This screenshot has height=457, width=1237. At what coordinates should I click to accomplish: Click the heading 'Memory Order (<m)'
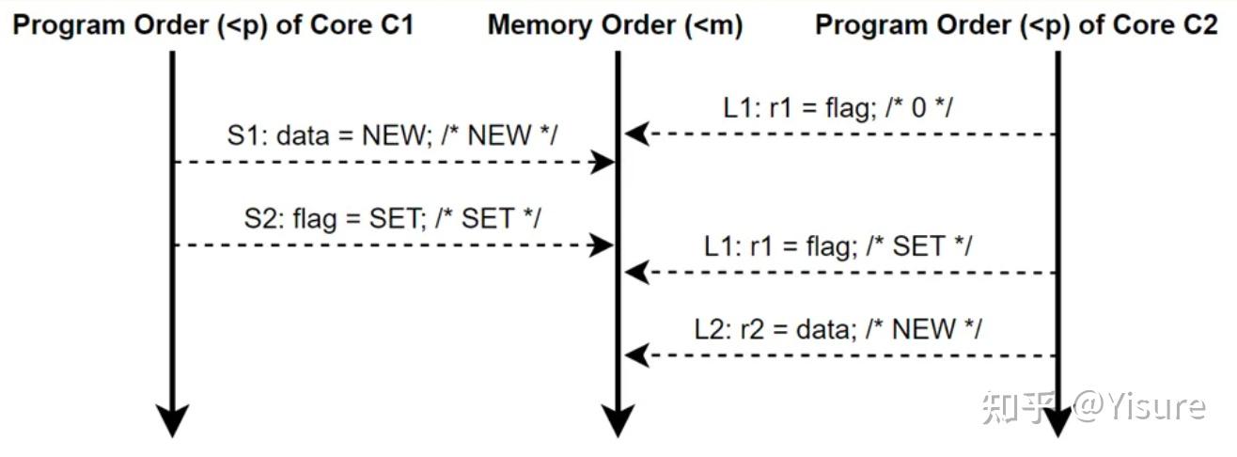point(615,25)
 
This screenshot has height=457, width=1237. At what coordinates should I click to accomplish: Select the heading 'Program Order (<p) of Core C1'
point(212,25)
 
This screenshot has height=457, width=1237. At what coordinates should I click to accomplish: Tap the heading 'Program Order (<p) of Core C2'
point(1016,25)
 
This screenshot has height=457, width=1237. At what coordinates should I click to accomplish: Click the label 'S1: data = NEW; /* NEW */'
point(392,135)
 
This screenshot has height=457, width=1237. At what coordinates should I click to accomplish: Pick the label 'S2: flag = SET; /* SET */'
point(392,218)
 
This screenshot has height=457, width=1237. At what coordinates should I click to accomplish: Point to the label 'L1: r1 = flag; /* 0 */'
point(838,108)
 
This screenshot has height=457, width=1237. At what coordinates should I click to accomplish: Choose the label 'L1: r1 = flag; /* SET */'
point(838,246)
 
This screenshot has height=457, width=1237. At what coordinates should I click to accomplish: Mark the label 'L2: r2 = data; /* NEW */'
point(838,329)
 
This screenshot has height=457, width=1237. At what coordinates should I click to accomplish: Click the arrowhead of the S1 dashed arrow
point(603,163)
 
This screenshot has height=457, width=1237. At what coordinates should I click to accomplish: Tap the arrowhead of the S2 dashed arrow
point(603,245)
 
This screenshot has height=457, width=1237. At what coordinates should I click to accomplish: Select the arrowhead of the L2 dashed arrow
point(636,355)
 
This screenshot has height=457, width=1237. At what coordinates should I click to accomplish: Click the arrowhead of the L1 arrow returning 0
point(636,134)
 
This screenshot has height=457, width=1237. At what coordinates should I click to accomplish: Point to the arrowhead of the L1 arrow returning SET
point(636,273)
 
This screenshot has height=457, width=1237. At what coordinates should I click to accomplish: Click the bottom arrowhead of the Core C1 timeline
point(172,421)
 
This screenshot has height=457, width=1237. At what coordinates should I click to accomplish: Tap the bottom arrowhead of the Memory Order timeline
point(618,421)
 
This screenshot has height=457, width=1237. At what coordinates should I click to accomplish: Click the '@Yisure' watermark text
point(1140,406)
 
